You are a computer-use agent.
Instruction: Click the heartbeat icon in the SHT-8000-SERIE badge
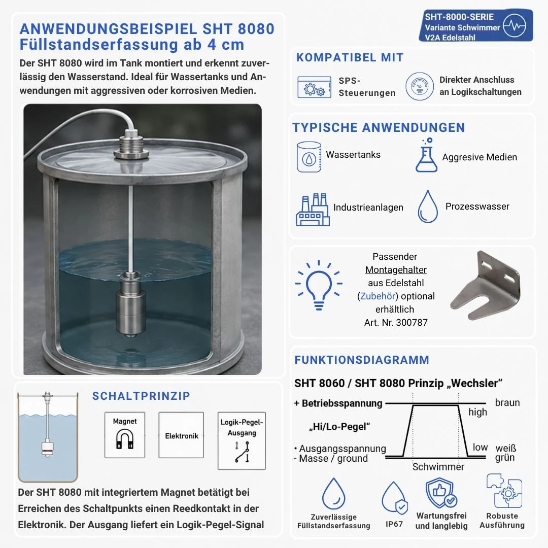(515, 25)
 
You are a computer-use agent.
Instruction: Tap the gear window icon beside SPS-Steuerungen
(314, 87)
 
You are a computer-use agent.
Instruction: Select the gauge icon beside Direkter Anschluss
(420, 86)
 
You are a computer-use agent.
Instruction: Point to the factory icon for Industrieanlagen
(313, 210)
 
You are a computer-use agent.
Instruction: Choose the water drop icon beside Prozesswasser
(428, 207)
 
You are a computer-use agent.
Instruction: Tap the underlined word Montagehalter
(396, 270)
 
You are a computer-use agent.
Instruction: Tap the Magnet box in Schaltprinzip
(125, 435)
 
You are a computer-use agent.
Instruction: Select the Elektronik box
(181, 435)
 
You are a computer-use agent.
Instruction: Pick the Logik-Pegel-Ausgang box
(242, 441)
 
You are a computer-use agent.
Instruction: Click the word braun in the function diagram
(507, 402)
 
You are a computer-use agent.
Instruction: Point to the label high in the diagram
(478, 413)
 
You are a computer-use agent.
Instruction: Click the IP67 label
(394, 524)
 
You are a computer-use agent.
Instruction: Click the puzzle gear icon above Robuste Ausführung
(504, 491)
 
